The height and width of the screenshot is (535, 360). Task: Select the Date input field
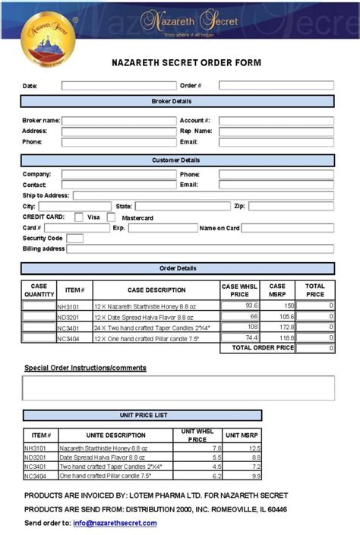click(118, 86)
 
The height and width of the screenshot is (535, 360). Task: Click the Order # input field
click(276, 86)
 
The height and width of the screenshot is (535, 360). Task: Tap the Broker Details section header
click(177, 101)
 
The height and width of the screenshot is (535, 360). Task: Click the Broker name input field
click(118, 121)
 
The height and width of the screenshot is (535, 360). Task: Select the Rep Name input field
click(276, 131)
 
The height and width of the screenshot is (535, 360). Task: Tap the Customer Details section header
click(177, 160)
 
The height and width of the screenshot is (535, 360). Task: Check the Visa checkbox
click(79, 217)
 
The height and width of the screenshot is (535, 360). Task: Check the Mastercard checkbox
click(111, 217)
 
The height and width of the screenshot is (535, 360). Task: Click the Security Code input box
click(74, 239)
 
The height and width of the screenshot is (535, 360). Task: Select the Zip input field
click(291, 206)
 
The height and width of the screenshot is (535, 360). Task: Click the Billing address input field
click(201, 249)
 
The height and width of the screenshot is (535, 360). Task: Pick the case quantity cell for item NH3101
click(39, 305)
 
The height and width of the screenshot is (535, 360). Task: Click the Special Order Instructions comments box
click(178, 388)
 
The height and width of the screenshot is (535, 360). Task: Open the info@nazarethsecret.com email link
click(115, 523)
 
